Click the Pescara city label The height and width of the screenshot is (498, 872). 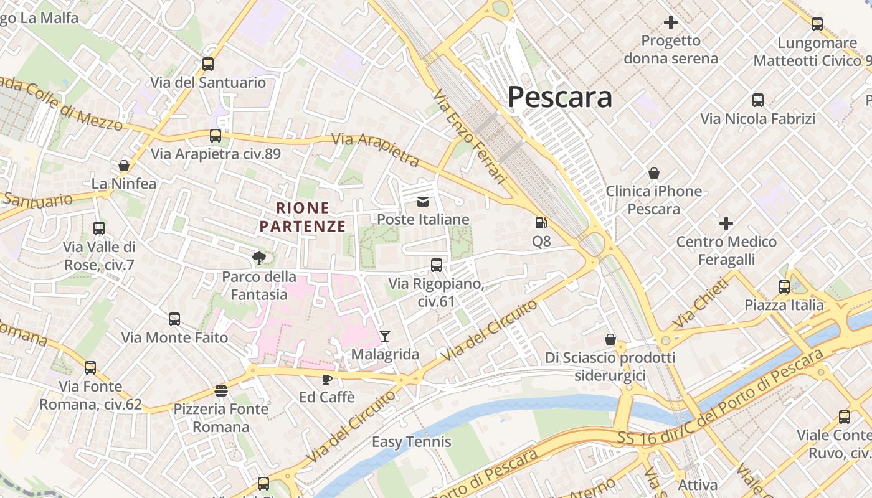point(559,97)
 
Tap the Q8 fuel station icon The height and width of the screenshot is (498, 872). point(541,223)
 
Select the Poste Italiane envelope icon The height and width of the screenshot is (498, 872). point(423,201)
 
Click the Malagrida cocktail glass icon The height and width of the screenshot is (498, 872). point(385,336)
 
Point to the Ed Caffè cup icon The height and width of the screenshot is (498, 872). point(326,378)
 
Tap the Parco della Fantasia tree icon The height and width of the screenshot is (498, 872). point(258,258)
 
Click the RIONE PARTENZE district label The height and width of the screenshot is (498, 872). point(303,217)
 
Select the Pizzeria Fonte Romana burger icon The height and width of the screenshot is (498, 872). point(220,391)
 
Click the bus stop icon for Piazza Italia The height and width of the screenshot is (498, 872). point(784,287)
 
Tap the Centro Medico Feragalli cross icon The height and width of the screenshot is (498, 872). point(726,223)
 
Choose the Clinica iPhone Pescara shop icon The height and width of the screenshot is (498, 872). point(654,172)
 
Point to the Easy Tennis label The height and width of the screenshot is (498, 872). point(411,442)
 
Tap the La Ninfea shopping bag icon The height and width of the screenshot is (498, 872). point(124,166)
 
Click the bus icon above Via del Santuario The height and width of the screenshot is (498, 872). point(208,63)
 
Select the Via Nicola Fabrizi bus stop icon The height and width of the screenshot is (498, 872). point(758,100)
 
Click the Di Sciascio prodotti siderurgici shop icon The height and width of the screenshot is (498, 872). point(610,339)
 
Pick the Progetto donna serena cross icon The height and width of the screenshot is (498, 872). point(671,23)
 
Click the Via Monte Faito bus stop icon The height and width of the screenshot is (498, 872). point(174,319)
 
